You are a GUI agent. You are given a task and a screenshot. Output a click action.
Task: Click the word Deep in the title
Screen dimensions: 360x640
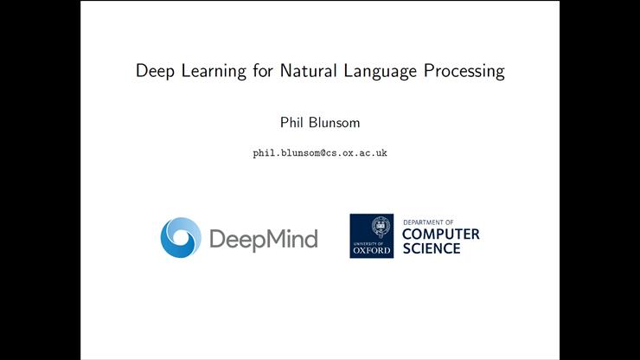[x=155, y=71]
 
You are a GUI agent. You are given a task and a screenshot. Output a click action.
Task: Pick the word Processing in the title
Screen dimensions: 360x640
[x=464, y=71]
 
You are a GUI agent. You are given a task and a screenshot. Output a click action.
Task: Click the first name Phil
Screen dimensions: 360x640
[x=282, y=123]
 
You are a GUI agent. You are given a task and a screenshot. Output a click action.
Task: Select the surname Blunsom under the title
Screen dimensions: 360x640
[x=333, y=123]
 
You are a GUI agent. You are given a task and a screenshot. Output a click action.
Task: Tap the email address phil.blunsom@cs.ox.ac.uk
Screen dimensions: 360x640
[x=319, y=153]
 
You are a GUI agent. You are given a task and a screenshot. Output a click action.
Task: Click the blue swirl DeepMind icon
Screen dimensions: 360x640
[x=180, y=238]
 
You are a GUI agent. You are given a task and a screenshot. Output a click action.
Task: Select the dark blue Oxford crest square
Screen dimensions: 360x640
[x=371, y=236]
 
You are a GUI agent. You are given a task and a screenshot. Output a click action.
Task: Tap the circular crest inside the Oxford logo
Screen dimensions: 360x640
[x=372, y=228]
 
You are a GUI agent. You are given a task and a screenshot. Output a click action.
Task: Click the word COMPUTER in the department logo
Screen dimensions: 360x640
[x=441, y=235]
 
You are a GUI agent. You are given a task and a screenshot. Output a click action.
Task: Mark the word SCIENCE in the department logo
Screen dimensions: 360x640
[x=432, y=249]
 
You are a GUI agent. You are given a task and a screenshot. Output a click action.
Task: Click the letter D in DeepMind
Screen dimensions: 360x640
[x=217, y=238]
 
